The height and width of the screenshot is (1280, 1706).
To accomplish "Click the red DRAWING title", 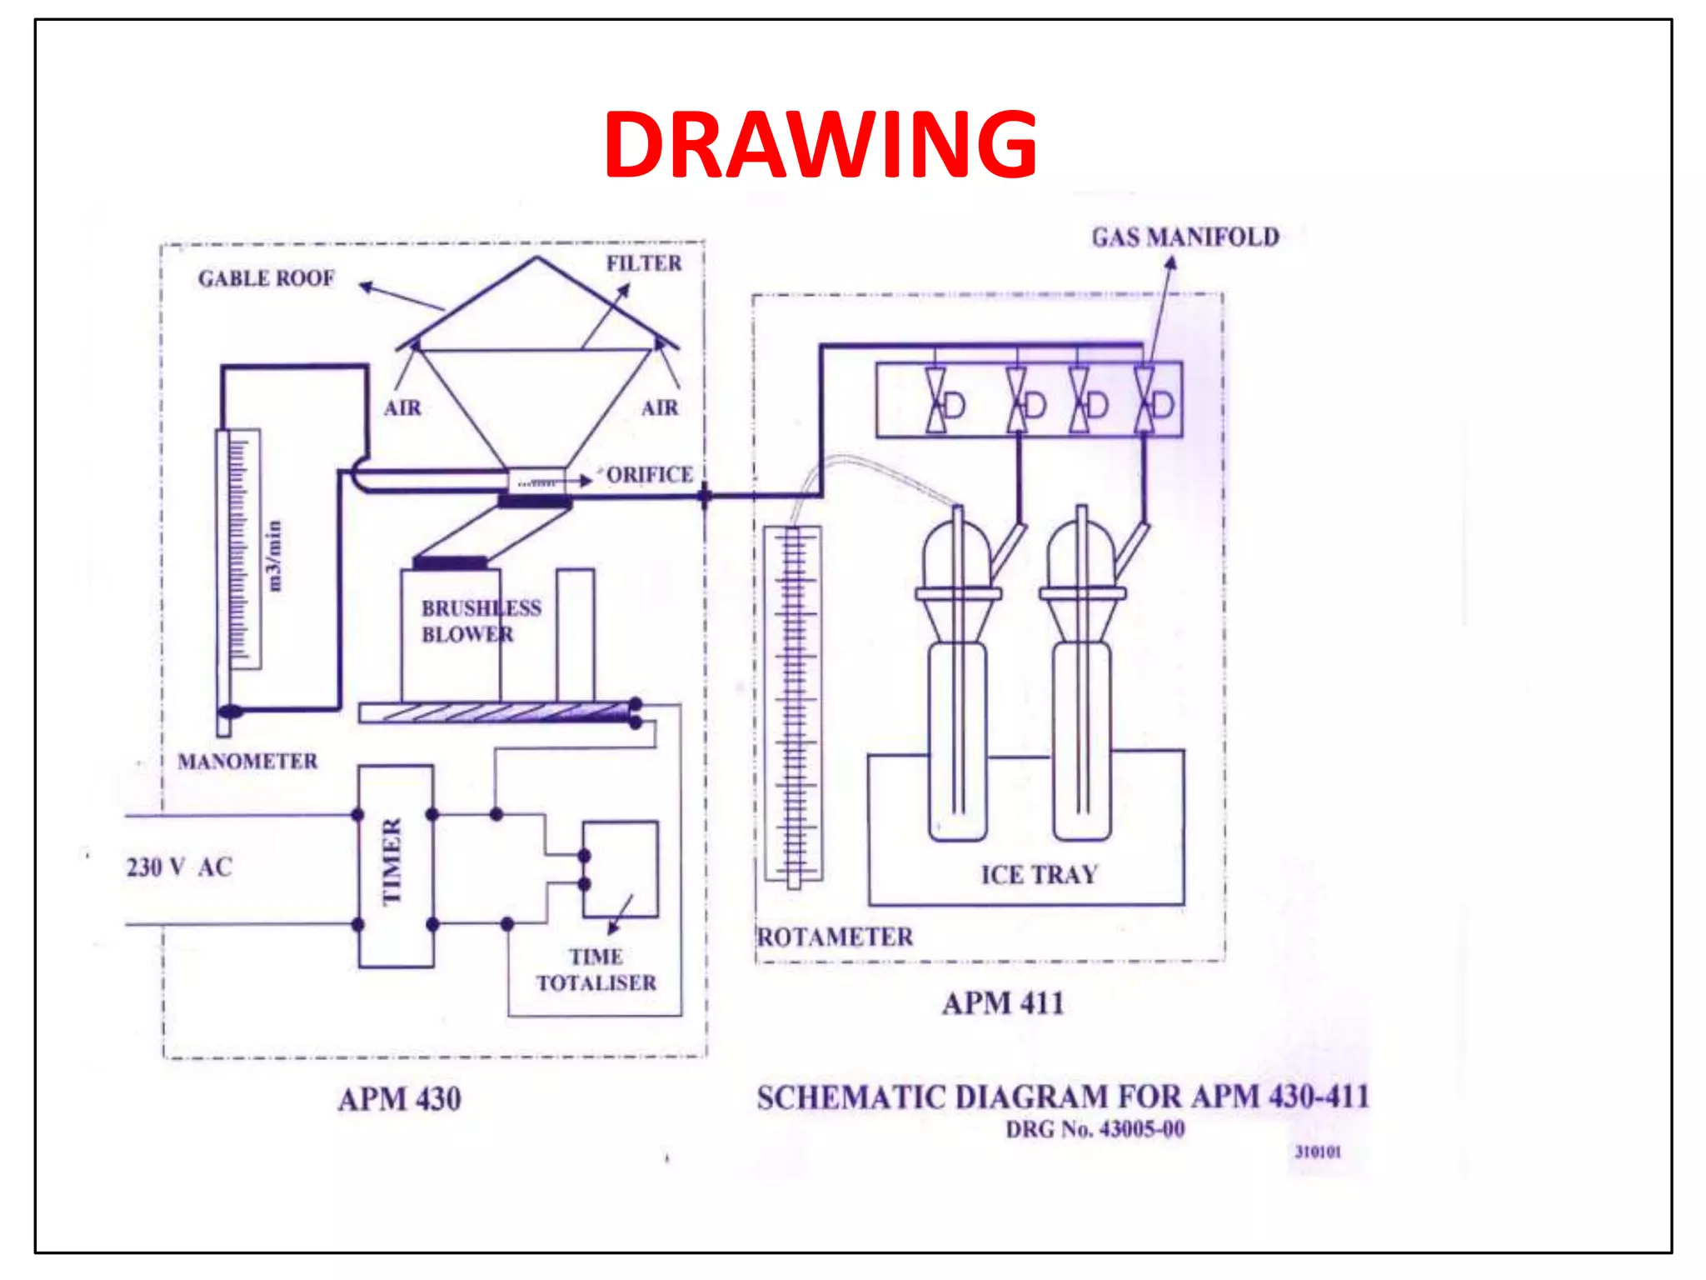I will click(821, 145).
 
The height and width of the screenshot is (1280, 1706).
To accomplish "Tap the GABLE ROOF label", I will click(266, 278).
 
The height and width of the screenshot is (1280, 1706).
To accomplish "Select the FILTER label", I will click(644, 263).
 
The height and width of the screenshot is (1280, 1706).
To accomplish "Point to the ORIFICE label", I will click(650, 475).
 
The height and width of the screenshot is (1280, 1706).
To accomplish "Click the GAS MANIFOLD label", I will click(1185, 237).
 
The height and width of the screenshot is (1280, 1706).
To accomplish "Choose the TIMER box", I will click(396, 865).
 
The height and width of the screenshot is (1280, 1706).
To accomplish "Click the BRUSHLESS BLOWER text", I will click(481, 622).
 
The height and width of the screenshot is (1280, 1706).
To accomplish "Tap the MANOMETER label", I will click(247, 762).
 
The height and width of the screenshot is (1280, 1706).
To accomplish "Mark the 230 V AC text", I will click(179, 867).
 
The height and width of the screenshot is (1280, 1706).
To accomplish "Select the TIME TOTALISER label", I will click(596, 970).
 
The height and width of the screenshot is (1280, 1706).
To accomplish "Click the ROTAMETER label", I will click(835, 937).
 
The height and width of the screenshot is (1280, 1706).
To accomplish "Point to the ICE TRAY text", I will click(1039, 875).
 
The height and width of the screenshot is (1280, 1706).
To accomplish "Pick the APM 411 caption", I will click(1003, 1003).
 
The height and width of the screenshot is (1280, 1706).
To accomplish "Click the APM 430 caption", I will click(399, 1099).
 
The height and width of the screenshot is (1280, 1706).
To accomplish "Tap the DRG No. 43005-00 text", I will click(1095, 1130).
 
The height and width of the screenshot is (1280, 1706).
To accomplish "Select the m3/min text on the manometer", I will click(273, 557).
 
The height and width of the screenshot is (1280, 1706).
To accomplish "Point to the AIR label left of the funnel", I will click(402, 408).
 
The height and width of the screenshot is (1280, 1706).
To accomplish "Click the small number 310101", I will click(1318, 1152).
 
